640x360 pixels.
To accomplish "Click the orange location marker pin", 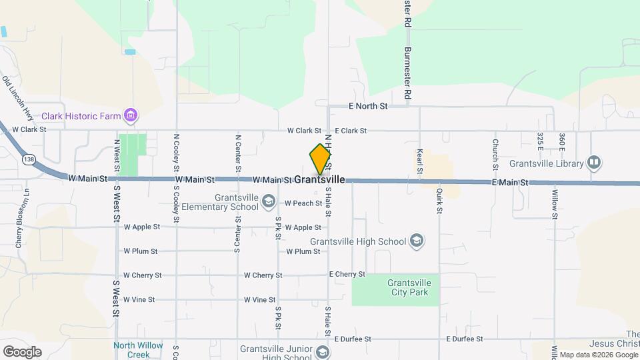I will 321,159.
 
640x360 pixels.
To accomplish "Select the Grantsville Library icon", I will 593,163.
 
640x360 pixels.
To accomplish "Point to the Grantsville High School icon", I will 416,241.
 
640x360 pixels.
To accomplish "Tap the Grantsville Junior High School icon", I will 323,352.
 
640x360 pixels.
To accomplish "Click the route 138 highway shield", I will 28,160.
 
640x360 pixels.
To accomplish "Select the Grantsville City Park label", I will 409,287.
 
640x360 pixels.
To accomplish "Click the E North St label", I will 368,106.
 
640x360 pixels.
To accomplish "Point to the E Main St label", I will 510,182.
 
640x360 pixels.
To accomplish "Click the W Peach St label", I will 303,203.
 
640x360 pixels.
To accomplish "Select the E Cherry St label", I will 347,274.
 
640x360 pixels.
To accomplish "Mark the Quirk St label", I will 439,201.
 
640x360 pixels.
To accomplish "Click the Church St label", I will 495,153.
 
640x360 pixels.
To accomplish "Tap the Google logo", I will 22,351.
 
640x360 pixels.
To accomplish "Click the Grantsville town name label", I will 319,180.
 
